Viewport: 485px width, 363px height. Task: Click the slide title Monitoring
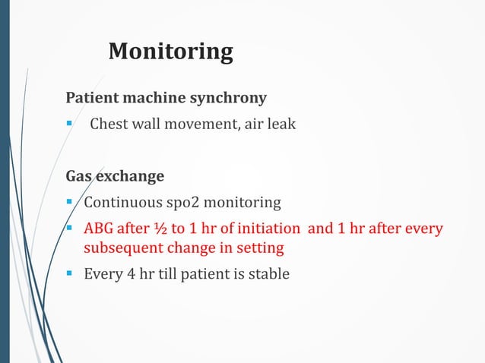tap(170, 51)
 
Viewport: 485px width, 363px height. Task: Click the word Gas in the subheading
tap(79, 177)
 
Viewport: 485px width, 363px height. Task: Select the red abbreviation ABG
tap(99, 229)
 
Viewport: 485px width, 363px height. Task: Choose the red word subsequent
tap(121, 248)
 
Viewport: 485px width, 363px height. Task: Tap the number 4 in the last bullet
tap(126, 273)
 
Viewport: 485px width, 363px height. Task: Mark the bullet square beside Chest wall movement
tap(69, 124)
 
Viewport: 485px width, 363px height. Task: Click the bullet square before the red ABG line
tap(69, 229)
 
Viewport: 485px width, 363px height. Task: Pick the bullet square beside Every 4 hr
tap(69, 273)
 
